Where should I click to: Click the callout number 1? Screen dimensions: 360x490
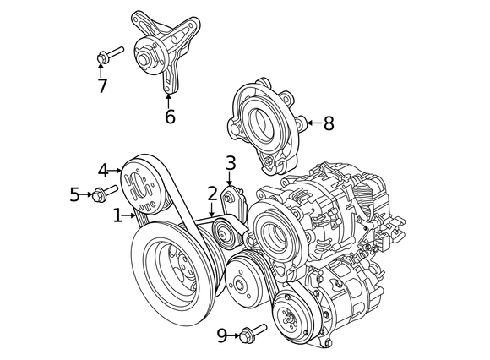117,216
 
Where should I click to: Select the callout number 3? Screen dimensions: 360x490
230,162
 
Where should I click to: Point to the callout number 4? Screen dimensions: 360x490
103,170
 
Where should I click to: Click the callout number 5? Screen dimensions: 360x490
74,196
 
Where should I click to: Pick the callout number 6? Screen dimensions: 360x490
169,117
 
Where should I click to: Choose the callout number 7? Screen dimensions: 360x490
102,85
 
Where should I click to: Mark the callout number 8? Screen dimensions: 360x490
328,123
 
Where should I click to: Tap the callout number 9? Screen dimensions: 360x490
221,335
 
